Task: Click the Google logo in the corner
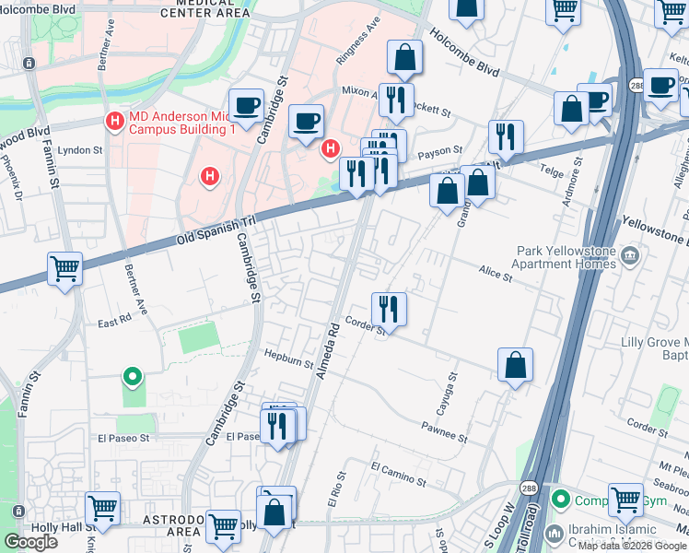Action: pyautogui.click(x=31, y=542)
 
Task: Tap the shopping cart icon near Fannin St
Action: pyautogui.click(x=65, y=269)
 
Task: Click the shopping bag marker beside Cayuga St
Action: pyautogui.click(x=516, y=364)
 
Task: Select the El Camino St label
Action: pyautogui.click(x=399, y=475)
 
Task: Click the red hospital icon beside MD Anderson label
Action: pyautogui.click(x=115, y=121)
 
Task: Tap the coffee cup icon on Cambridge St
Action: pyautogui.click(x=246, y=104)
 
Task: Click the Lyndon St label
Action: pyautogui.click(x=79, y=150)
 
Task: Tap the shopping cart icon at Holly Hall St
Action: pyautogui.click(x=102, y=508)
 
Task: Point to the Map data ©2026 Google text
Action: pyautogui.click(x=632, y=546)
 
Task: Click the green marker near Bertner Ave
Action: pyautogui.click(x=133, y=375)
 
